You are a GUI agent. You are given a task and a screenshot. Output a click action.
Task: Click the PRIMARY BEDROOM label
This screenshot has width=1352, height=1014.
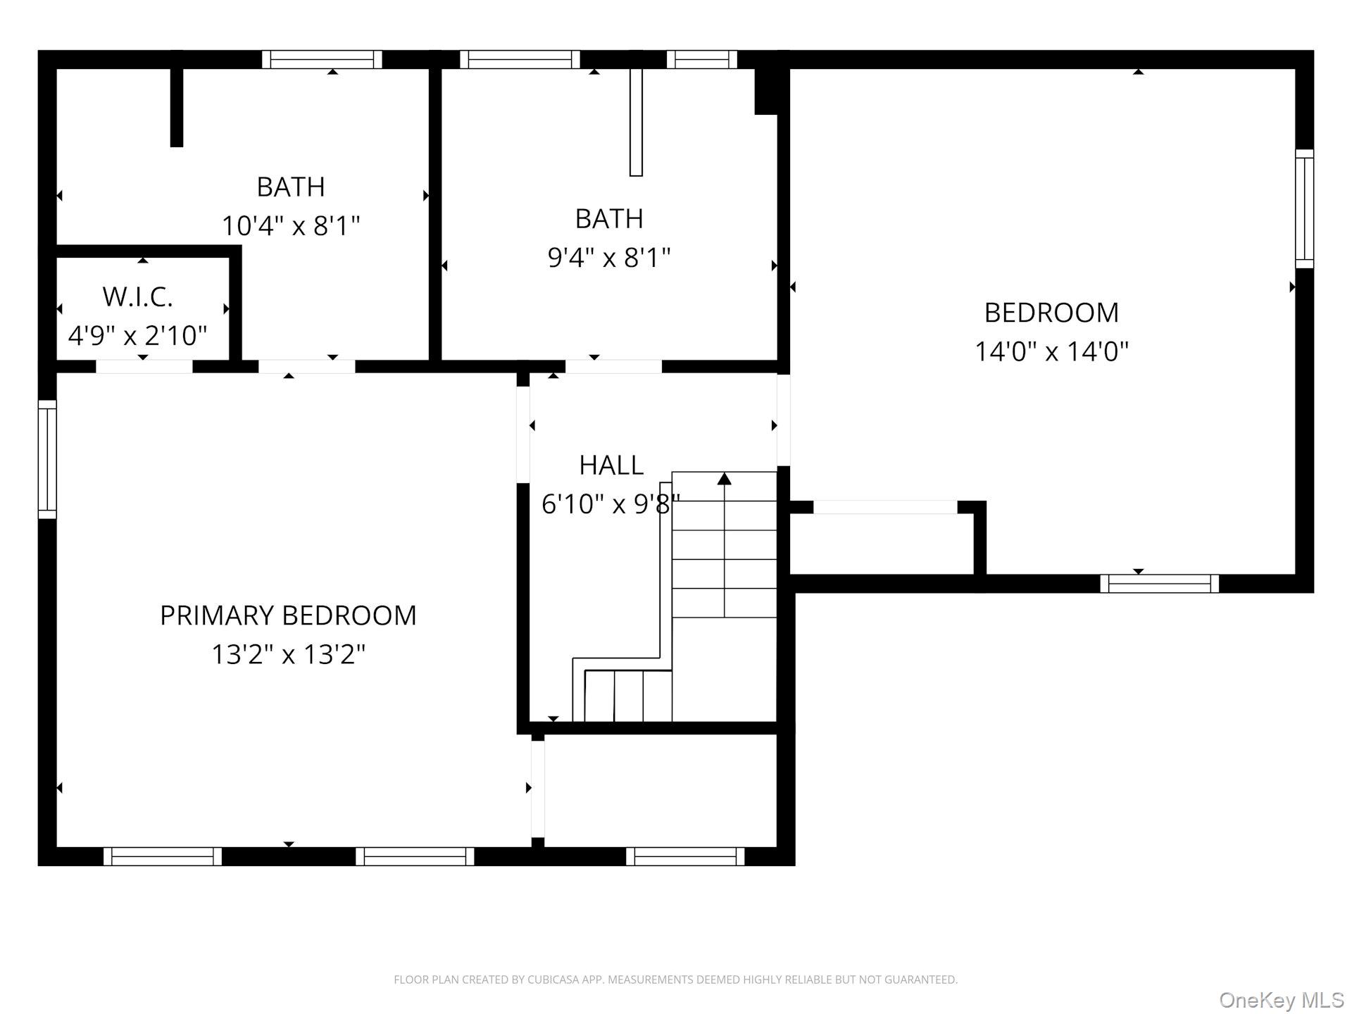(x=288, y=615)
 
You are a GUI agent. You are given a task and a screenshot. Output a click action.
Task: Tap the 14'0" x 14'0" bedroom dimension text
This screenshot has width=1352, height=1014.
(x=1051, y=351)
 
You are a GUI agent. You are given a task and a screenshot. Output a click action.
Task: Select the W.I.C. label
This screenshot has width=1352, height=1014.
(x=138, y=297)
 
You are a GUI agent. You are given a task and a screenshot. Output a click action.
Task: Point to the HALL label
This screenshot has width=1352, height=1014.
(x=611, y=465)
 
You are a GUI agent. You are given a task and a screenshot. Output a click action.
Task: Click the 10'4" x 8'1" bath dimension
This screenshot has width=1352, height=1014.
(x=291, y=226)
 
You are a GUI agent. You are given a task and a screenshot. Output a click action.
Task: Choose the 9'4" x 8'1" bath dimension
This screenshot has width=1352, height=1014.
(x=609, y=258)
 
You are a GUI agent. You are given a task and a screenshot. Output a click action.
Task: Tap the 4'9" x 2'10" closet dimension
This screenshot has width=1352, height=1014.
(x=138, y=335)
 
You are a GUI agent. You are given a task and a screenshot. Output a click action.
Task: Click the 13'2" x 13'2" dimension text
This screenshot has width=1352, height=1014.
(x=289, y=654)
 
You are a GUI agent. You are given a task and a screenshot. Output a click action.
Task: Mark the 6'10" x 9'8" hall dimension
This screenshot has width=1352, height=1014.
(x=611, y=503)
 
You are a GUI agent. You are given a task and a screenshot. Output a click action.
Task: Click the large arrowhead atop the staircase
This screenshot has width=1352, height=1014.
(x=725, y=479)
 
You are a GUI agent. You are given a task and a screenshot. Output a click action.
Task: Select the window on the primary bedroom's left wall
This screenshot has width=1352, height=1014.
(x=47, y=459)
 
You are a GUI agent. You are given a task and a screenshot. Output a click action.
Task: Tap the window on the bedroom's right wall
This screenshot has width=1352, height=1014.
(x=1305, y=208)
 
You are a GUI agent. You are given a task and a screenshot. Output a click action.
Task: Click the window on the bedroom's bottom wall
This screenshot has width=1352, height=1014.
(x=1160, y=584)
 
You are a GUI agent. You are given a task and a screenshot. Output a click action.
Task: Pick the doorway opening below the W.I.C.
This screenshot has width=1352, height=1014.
(x=144, y=366)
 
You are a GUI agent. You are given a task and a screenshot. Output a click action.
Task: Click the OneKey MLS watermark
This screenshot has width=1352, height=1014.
(x=1282, y=1001)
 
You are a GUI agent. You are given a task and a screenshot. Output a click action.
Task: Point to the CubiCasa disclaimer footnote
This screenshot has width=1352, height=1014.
(x=676, y=979)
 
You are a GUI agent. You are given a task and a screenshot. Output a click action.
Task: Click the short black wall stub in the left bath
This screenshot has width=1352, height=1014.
(x=177, y=108)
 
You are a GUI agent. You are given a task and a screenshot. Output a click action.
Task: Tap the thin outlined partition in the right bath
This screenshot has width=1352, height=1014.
(x=636, y=122)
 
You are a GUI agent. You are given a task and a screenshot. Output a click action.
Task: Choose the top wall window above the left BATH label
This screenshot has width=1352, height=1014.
(x=323, y=60)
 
